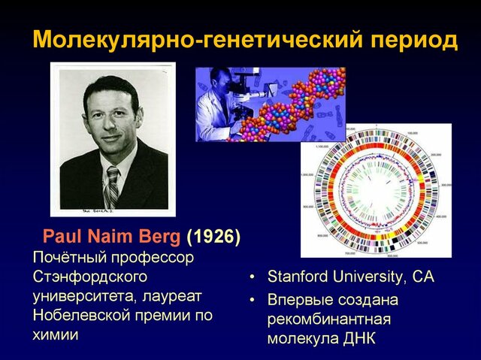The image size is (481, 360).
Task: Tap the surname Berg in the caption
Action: pos(157,237)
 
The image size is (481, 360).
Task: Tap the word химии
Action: pos(55,335)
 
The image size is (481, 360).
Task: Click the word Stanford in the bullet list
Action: pos(298,277)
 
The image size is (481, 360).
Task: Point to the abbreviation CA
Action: pos(422,277)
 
